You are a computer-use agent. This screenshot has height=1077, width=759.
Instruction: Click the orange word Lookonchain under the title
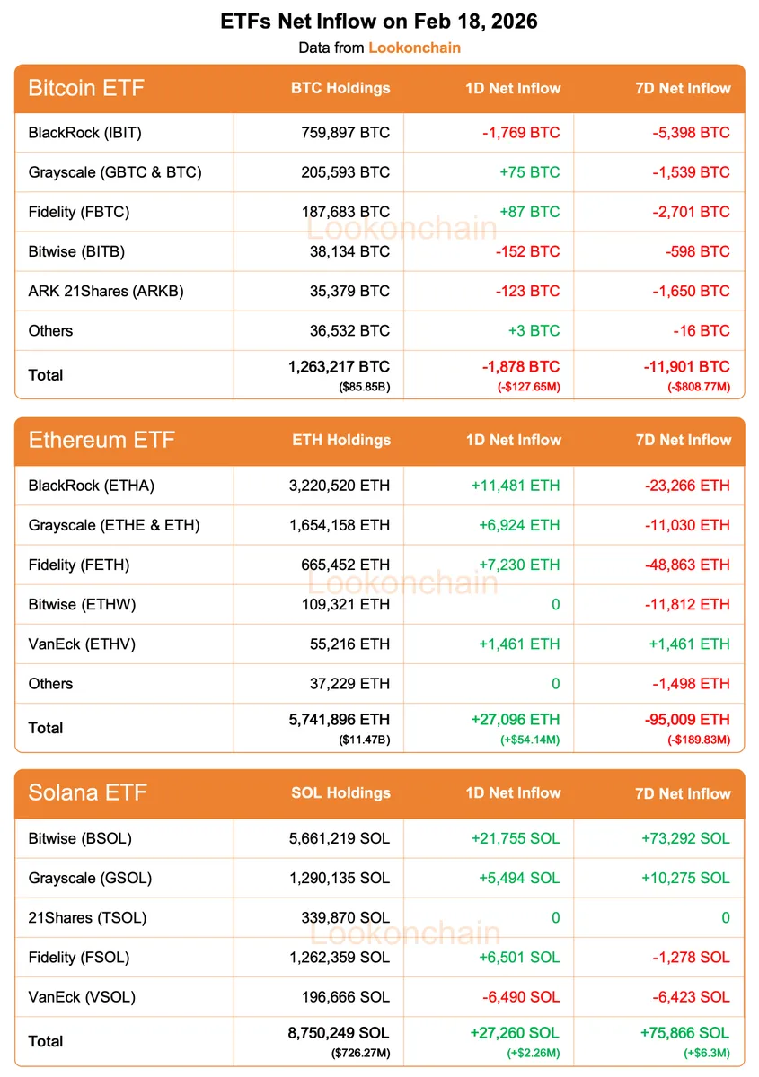414,48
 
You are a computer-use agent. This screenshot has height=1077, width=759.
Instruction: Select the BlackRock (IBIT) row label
85,133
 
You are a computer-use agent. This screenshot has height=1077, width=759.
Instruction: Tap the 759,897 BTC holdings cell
346,133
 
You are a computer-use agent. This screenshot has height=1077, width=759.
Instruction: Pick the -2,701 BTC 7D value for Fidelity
690,212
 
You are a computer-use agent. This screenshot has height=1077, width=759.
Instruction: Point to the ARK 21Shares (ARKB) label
106,291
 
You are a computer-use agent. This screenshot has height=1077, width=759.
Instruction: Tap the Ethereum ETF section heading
101,440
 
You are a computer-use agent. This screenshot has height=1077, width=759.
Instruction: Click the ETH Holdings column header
341,440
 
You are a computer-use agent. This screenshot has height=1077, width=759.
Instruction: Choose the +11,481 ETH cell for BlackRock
515,486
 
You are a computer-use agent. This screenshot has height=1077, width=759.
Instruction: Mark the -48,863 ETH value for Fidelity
687,565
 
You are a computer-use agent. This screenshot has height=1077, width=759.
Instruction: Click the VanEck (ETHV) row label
82,644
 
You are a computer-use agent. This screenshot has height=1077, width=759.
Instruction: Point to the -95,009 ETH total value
687,720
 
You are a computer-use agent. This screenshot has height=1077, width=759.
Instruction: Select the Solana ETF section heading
87,792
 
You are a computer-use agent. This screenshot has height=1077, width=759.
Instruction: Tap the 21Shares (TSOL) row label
87,917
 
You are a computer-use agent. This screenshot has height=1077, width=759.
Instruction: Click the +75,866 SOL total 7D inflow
685,1033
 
